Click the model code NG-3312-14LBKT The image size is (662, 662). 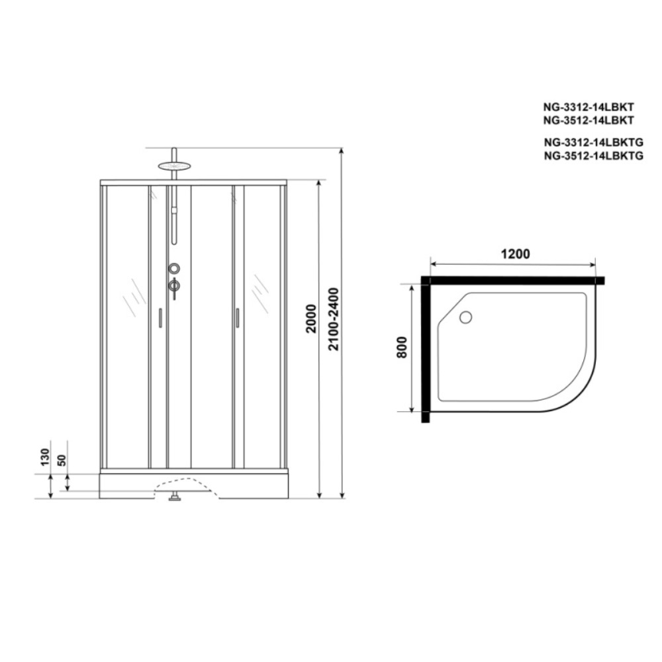589,107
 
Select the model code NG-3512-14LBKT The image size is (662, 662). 589,120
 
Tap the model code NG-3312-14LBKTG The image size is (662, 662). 593,142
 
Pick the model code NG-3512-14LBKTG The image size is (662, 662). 593,156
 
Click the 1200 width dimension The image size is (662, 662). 515,254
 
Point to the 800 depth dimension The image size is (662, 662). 402,347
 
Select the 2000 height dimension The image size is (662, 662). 310,319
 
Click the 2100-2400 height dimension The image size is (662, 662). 334,319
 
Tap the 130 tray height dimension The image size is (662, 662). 45,457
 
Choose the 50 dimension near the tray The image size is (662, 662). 62,460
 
